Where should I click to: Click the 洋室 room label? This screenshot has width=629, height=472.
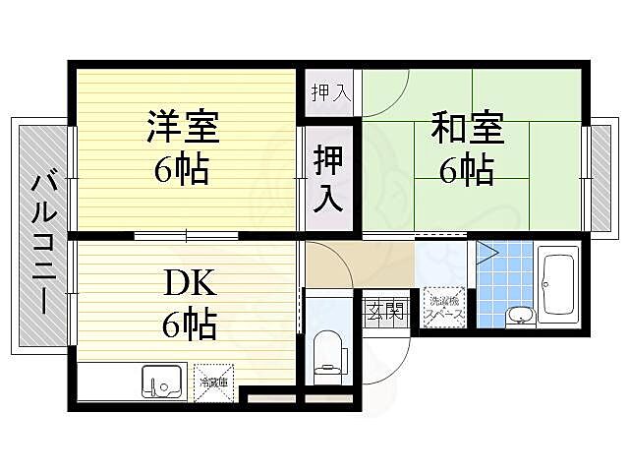(183, 129)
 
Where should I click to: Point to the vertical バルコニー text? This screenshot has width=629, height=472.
(42, 240)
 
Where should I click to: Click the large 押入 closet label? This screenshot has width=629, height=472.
(328, 178)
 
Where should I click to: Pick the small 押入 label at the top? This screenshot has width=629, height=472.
(330, 94)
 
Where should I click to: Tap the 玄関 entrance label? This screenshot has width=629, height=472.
(385, 314)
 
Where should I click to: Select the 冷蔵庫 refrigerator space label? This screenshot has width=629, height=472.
(213, 383)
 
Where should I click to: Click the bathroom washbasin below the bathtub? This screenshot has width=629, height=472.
(520, 316)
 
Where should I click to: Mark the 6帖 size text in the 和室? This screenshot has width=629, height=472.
(467, 172)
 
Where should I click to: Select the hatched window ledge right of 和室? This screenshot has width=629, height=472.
(600, 173)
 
